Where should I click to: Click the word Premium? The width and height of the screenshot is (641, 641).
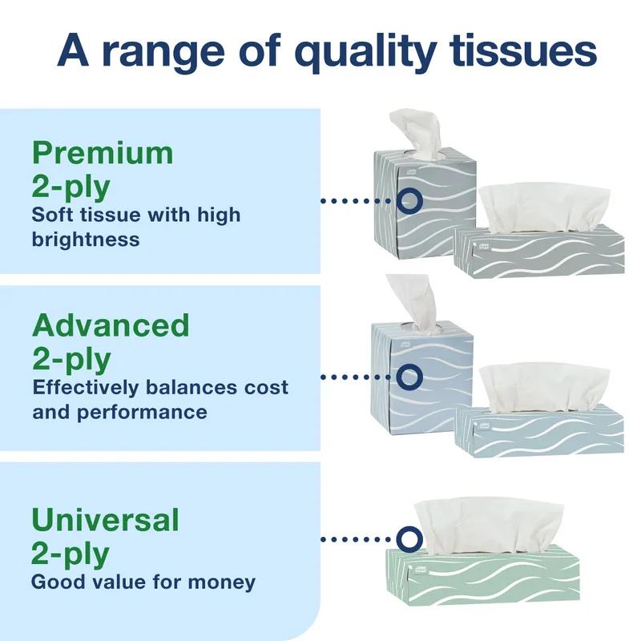tap(102, 153)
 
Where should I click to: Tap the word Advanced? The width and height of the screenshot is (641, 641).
tap(111, 326)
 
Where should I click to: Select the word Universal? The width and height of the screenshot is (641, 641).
tap(105, 520)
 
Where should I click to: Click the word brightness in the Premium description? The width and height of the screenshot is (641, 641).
tap(86, 239)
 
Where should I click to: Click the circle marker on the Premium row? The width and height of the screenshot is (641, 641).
tap(409, 200)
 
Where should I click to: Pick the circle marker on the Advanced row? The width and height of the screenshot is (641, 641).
tap(409, 375)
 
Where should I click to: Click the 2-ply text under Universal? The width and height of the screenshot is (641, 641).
tap(71, 553)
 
